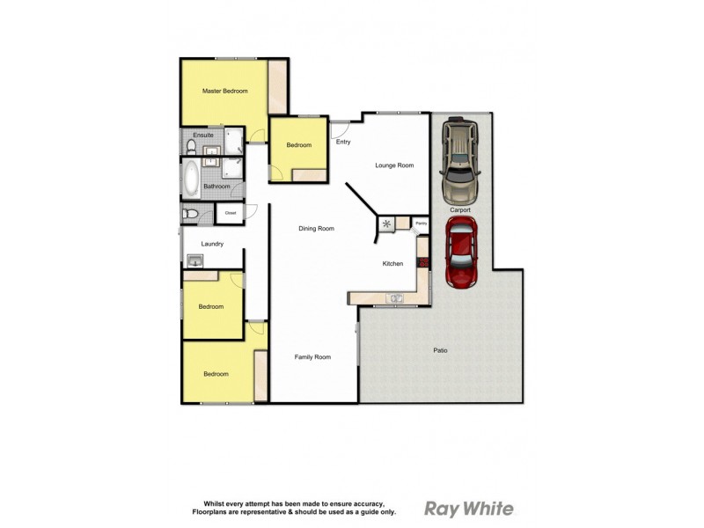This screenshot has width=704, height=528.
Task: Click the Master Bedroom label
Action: tap(224, 92)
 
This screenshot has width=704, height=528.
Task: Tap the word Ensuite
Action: tap(203, 136)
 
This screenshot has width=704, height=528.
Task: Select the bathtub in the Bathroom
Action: tap(192, 178)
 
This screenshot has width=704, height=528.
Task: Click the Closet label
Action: tap(231, 213)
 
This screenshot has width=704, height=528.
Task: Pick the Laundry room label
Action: tap(212, 244)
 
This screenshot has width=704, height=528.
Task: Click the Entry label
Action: tap(343, 142)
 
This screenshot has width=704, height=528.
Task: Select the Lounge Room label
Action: tap(393, 165)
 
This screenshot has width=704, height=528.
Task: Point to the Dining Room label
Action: tap(316, 229)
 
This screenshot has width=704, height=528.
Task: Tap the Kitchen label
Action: tap(392, 264)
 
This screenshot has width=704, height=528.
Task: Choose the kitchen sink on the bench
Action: tap(397, 298)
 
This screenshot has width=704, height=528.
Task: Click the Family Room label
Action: tap(312, 356)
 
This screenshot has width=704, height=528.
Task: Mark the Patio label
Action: tap(440, 351)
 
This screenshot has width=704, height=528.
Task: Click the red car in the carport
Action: tap(461, 253)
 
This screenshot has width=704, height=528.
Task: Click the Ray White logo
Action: tap(469, 508)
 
